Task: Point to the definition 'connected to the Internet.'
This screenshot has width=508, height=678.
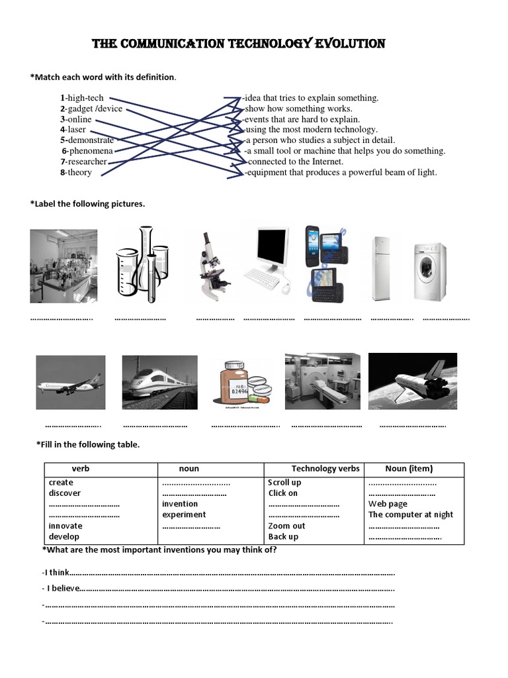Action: coord(295,162)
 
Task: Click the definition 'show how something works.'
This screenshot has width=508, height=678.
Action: coord(298,109)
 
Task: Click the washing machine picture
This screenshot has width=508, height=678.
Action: coord(429,272)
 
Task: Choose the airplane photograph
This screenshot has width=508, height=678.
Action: coord(70,383)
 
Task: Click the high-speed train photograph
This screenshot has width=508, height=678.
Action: coord(159,383)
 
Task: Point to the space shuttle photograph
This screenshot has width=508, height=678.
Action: coord(413,381)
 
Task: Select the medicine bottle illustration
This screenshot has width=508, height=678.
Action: coord(241,383)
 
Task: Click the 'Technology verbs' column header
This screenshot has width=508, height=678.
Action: coord(325,469)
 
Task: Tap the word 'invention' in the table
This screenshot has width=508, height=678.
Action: coord(180,504)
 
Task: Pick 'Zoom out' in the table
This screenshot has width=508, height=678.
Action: coord(286,526)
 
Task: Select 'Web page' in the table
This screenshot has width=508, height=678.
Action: coord(388,504)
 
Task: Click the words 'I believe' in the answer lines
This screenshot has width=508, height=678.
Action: coord(63,588)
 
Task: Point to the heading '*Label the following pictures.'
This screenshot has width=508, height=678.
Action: coord(87,204)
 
